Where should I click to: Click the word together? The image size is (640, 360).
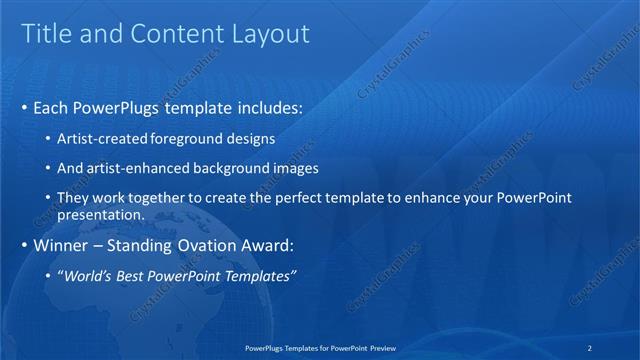(159, 198)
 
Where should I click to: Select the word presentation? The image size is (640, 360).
(102, 214)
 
